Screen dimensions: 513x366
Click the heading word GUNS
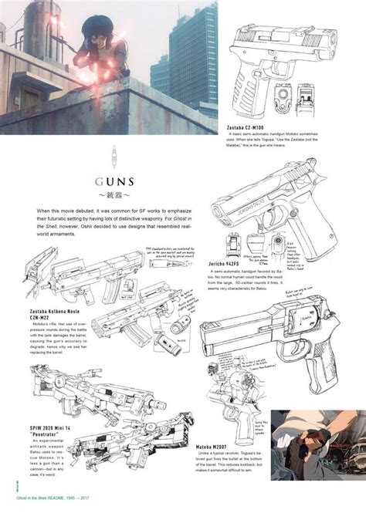(116, 183)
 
